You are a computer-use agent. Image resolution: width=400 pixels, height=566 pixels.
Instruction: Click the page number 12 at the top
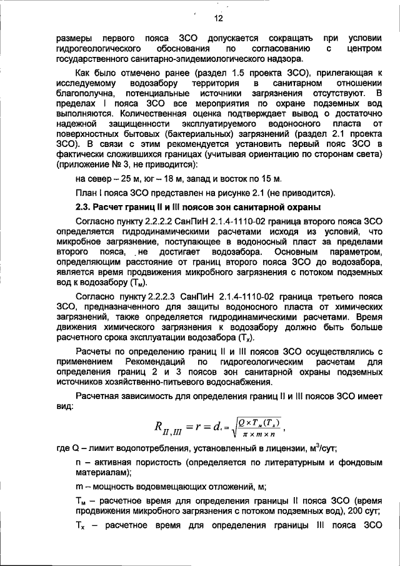click(x=201, y=19)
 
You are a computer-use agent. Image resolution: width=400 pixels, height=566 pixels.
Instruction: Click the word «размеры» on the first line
click(x=72, y=38)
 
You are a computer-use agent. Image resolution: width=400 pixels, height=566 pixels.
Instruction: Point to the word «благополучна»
click(x=84, y=94)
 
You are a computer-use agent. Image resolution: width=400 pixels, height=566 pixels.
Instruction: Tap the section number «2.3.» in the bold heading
click(x=84, y=207)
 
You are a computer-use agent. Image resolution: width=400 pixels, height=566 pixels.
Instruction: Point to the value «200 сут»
click(x=360, y=509)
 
